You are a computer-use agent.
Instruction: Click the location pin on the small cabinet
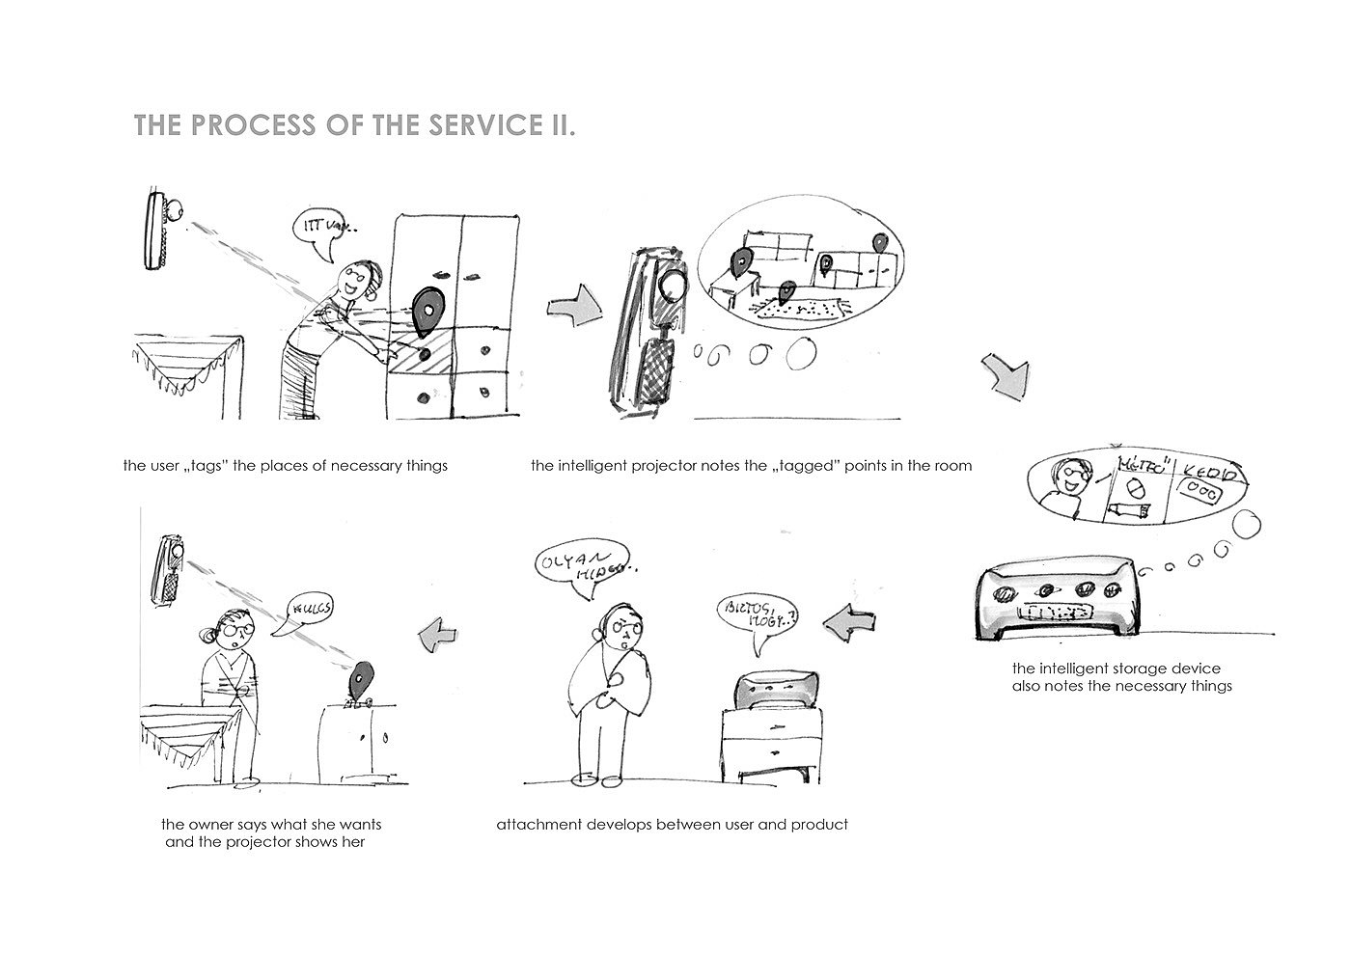click(362, 681)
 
